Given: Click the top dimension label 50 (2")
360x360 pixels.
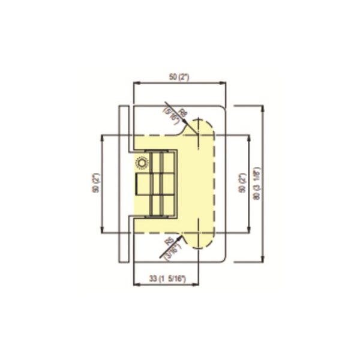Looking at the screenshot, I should click(x=179, y=77).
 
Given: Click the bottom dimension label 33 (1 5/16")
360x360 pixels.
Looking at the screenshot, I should click(x=166, y=279).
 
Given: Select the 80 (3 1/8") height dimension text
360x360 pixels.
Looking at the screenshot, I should click(x=256, y=183).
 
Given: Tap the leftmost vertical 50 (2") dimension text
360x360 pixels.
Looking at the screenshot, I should click(x=96, y=183).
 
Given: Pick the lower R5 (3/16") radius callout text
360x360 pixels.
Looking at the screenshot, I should click(x=172, y=246).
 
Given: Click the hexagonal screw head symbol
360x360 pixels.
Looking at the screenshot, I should click(x=142, y=163).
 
